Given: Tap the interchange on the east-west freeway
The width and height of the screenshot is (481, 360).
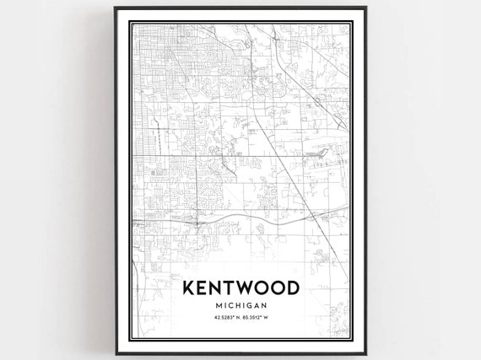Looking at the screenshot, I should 196,224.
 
